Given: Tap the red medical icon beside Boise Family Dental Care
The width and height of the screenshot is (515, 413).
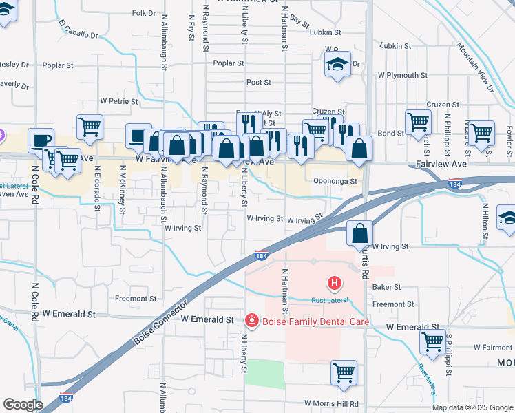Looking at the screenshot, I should point(251,321).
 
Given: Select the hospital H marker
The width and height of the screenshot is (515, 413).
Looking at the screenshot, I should point(334,282).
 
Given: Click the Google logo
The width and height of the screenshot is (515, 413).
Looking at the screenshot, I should point(23,405).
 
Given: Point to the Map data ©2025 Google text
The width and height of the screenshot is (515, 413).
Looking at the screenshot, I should point(472,407).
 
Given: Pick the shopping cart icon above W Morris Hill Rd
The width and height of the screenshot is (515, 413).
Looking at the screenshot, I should point(344,372).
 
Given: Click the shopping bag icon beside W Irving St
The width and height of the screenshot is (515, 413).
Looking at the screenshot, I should point(359,233).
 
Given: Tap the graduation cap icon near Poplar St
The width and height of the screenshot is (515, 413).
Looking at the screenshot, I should point(337,64).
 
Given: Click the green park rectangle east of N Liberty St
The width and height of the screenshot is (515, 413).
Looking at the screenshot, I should point(265,374).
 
